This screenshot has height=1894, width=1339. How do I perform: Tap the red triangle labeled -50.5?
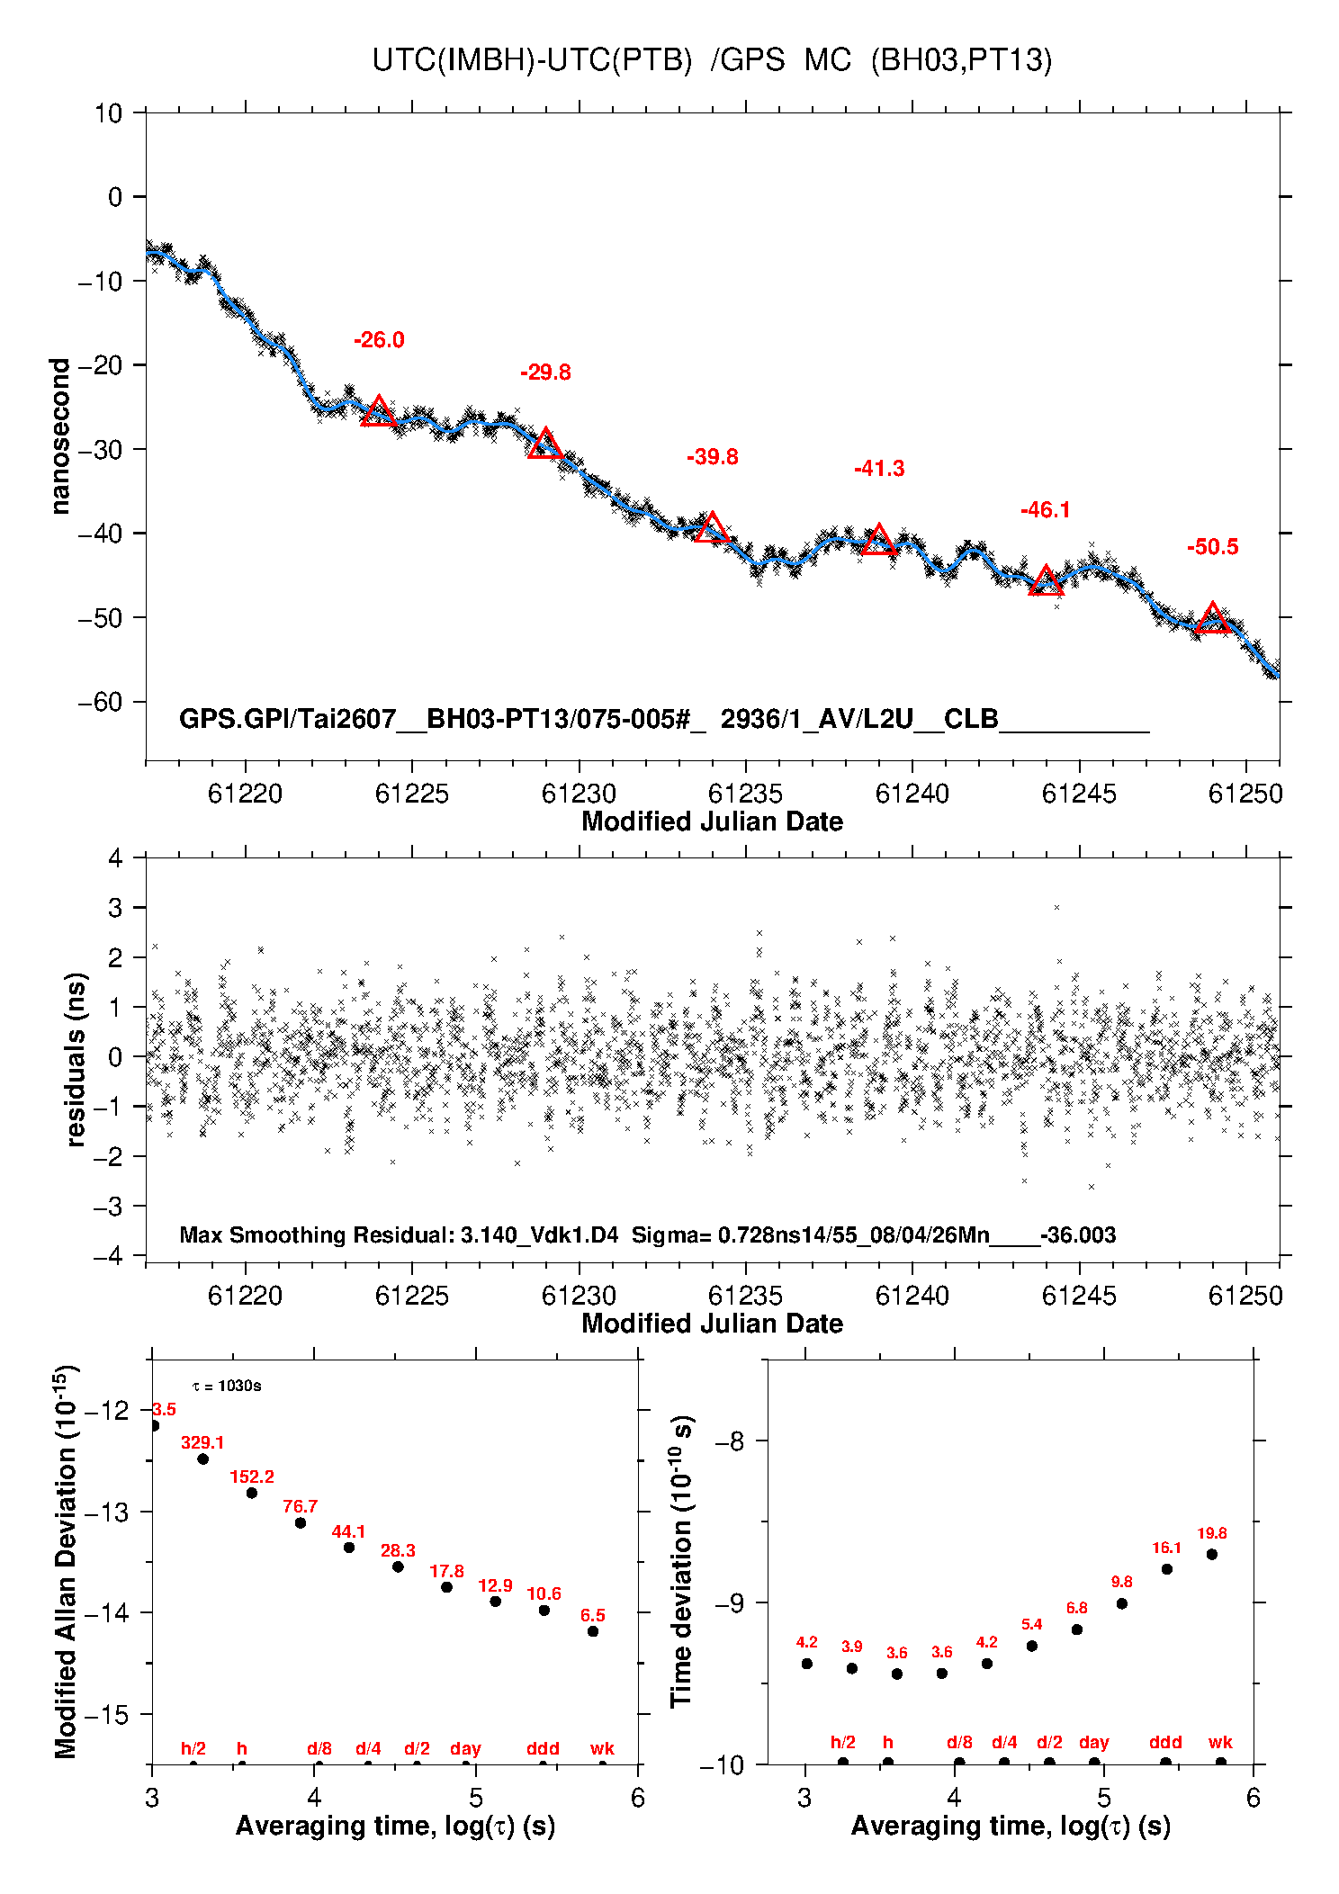[1213, 618]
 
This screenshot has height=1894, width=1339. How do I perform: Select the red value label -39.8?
[713, 457]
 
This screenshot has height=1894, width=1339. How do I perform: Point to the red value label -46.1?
[1046, 510]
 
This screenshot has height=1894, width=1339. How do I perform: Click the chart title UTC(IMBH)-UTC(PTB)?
[532, 60]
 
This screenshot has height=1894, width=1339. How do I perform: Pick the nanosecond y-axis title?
[60, 436]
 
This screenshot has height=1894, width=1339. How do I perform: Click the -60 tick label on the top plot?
[100, 702]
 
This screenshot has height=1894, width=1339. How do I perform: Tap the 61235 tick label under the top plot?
[745, 794]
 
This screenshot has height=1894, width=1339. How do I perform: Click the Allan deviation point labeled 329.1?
[202, 1459]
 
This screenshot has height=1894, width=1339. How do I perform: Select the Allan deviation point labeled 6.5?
[593, 1631]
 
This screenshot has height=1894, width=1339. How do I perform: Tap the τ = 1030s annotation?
[227, 1386]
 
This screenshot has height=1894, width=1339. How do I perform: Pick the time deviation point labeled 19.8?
[1212, 1554]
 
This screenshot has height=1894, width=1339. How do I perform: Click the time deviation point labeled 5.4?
[1032, 1646]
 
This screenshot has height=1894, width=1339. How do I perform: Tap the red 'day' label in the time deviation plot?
[1094, 1743]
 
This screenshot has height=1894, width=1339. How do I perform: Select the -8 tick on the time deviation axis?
[730, 1441]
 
